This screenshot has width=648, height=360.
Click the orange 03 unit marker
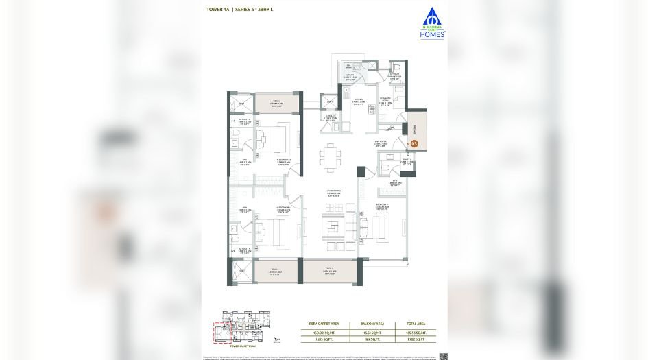click(415, 144)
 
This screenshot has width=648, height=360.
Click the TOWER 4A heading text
click(217, 10)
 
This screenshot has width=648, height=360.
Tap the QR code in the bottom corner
click(442, 355)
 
